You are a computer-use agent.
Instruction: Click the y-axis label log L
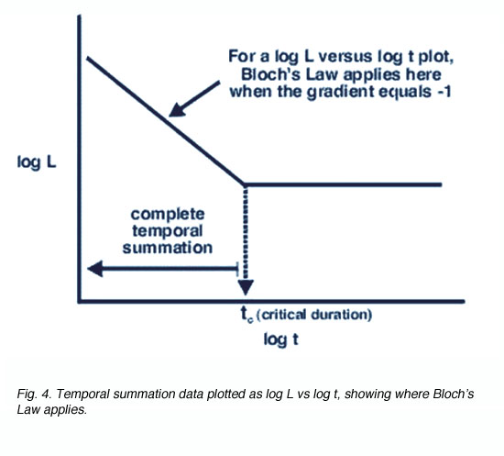coord(37,162)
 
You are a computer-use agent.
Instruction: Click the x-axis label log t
coord(281,339)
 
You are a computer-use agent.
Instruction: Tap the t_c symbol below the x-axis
coord(247,314)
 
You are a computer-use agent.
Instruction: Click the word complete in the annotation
coord(168,215)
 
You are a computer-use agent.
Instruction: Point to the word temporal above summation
coord(167,231)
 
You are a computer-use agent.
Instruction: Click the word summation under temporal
coord(168,248)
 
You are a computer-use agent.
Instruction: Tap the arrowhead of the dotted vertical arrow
coord(246,287)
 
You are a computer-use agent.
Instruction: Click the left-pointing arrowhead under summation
coord(95,269)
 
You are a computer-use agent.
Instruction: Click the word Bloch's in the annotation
coord(271,74)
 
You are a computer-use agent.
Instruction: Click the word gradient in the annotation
coord(341,93)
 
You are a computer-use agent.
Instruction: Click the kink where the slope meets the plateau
coord(245,184)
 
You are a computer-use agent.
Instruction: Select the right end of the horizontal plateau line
coord(442,184)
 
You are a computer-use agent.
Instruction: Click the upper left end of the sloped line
coord(88,58)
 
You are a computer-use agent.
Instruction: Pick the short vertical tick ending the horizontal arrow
coord(237,269)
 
